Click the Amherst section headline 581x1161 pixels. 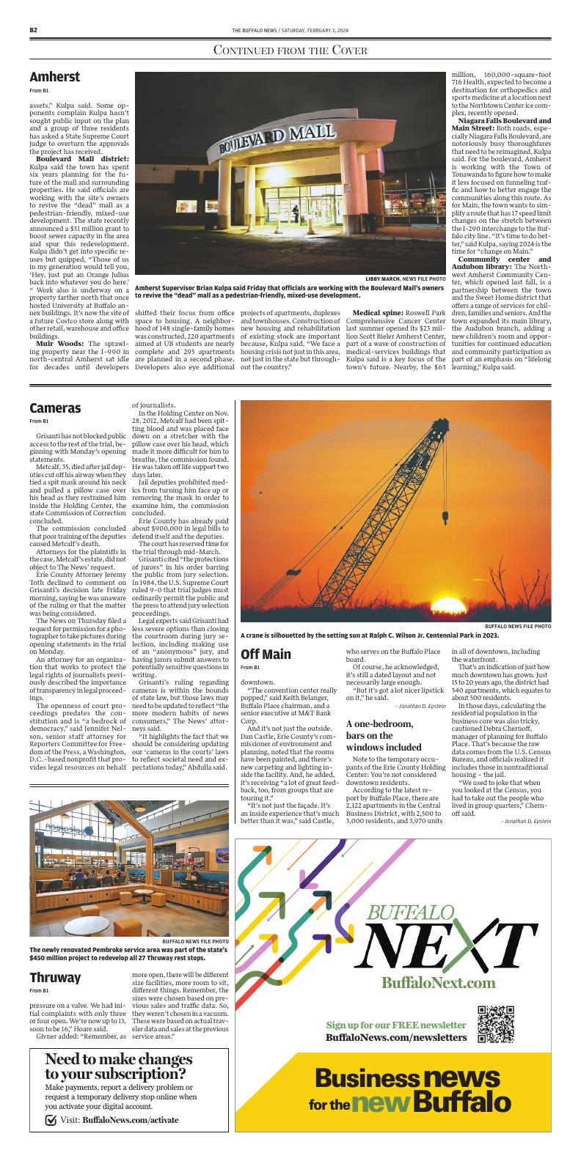click(x=54, y=77)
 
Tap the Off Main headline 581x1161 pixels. click(x=266, y=654)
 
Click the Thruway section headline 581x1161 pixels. click(x=55, y=978)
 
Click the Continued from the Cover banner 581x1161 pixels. click(x=290, y=50)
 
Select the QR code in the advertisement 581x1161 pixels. click(x=491, y=1025)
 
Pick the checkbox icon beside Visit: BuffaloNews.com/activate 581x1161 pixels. click(x=51, y=1120)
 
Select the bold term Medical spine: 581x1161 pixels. click(x=377, y=314)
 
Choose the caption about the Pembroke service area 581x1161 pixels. click(x=117, y=954)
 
